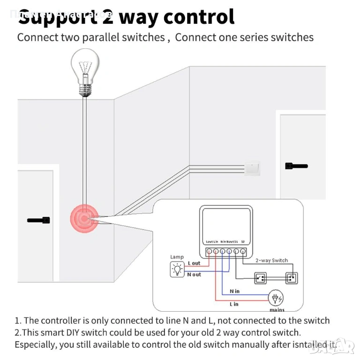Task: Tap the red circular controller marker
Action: pos(84,218)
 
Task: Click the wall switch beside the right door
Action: pos(252,168)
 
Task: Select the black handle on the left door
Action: pos(38,220)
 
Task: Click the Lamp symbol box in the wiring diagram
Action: pos(177,269)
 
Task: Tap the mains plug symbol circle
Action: pos(276,298)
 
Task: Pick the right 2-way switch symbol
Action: pos(291,278)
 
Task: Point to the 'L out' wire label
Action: pos(194,263)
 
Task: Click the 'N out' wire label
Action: pos(194,275)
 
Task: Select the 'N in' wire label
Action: pos(234,292)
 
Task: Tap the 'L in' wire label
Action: pos(234,304)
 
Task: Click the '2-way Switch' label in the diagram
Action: pos(271,261)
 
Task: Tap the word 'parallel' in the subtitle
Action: pos(105,37)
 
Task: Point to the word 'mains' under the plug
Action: pos(277,310)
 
